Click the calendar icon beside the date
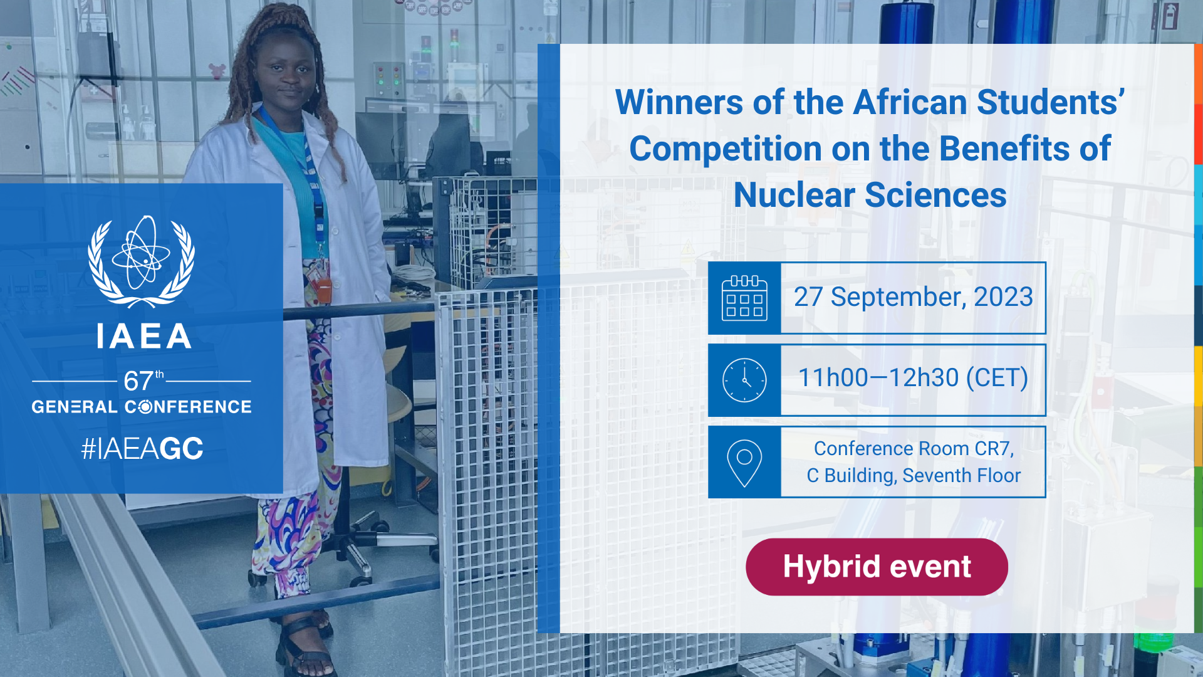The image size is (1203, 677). [x=744, y=298]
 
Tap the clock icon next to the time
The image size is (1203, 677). [x=744, y=380]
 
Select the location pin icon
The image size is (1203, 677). [x=744, y=463]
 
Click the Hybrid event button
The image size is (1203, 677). [x=877, y=567]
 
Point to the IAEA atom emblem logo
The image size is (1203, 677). [x=142, y=261]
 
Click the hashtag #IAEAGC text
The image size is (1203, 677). [x=142, y=448]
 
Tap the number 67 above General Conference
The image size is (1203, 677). [x=138, y=380]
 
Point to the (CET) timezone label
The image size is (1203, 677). [x=997, y=378]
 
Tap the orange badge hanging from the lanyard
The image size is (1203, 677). [x=323, y=290]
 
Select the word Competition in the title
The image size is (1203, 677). [x=726, y=149]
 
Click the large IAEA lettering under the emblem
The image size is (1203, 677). [x=143, y=336]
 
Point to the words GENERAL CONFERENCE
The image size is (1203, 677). [x=142, y=407]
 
